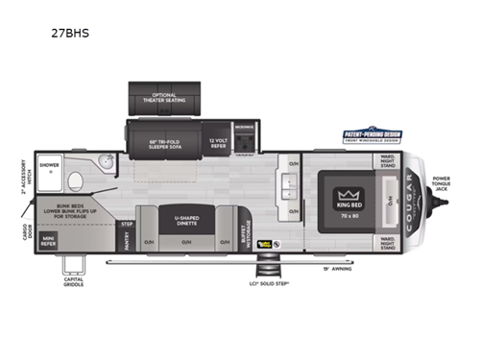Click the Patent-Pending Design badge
coord(372,136)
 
